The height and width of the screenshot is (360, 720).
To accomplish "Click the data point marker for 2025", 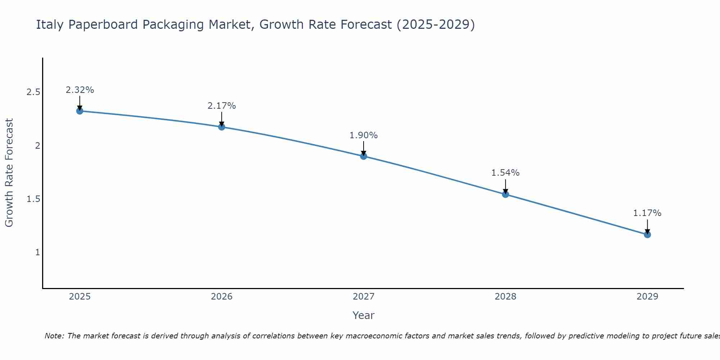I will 80,111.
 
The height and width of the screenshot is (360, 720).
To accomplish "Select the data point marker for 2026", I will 222,127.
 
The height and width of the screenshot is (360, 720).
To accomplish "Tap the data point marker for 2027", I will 364,156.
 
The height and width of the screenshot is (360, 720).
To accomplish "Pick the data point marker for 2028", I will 505,194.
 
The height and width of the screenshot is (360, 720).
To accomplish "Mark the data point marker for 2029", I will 647,235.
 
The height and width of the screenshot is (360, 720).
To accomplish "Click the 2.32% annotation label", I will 80,90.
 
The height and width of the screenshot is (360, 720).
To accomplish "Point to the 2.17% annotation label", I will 222,106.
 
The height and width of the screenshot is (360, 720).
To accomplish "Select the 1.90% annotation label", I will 364,135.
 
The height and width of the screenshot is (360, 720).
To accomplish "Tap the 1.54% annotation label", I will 505,173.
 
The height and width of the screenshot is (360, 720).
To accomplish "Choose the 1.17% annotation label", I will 647,213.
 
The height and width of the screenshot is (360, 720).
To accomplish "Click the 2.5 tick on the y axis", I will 33,92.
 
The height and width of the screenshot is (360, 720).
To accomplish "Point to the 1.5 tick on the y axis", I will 33,199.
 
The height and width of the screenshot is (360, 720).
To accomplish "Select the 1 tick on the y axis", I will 37,252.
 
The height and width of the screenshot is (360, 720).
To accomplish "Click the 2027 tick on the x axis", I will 364,297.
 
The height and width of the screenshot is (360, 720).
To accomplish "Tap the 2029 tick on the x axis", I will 647,297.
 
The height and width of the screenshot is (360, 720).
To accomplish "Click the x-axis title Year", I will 364,315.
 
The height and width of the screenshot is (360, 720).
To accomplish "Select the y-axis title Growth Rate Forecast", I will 9,173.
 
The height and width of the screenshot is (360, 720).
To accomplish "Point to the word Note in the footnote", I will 54,336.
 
